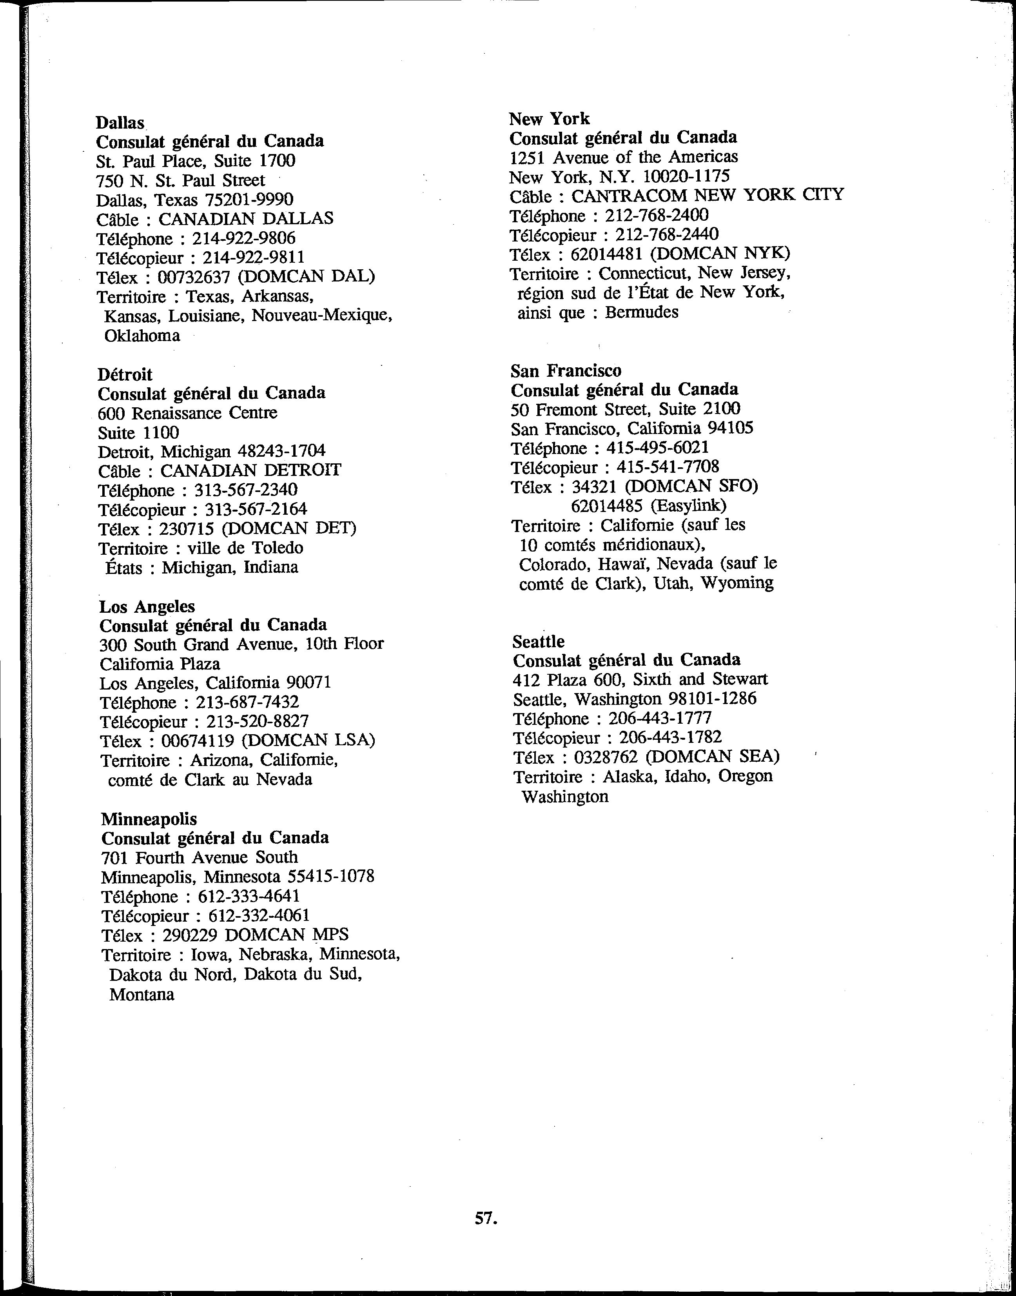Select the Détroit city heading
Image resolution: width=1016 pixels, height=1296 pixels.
pos(125,375)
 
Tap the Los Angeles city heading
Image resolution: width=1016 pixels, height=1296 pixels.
pos(147,607)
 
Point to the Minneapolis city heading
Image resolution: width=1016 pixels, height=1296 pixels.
pos(149,819)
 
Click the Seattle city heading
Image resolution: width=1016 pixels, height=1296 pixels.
pos(538,641)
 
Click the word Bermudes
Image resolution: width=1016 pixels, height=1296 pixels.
pos(641,312)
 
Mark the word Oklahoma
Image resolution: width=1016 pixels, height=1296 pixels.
pos(142,336)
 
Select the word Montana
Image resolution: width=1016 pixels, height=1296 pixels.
pos(142,995)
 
